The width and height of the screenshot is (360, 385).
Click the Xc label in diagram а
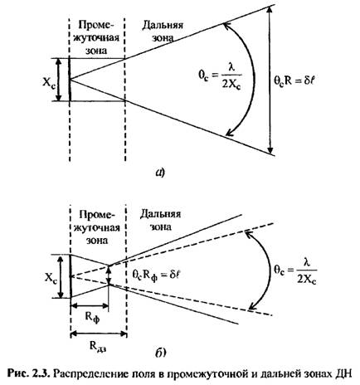(x=49, y=82)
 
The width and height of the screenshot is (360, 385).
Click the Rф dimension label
(x=92, y=319)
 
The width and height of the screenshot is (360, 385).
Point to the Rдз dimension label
(x=98, y=347)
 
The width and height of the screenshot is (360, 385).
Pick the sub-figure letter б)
(x=160, y=353)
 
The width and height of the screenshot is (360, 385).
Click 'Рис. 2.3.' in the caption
(x=28, y=373)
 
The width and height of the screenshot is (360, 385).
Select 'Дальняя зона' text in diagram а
(x=163, y=32)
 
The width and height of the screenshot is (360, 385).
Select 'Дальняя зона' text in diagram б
(x=160, y=221)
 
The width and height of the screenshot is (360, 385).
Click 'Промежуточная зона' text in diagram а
(x=96, y=38)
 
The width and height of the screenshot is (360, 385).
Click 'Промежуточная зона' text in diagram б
(x=97, y=227)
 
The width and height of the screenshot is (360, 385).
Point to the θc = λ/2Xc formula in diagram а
(x=220, y=76)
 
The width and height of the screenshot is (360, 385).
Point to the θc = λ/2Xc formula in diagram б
(x=295, y=272)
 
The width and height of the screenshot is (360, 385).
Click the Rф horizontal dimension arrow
(x=90, y=305)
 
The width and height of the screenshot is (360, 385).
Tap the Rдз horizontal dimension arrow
(x=99, y=334)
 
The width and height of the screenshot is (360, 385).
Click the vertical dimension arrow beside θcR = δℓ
(x=271, y=80)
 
